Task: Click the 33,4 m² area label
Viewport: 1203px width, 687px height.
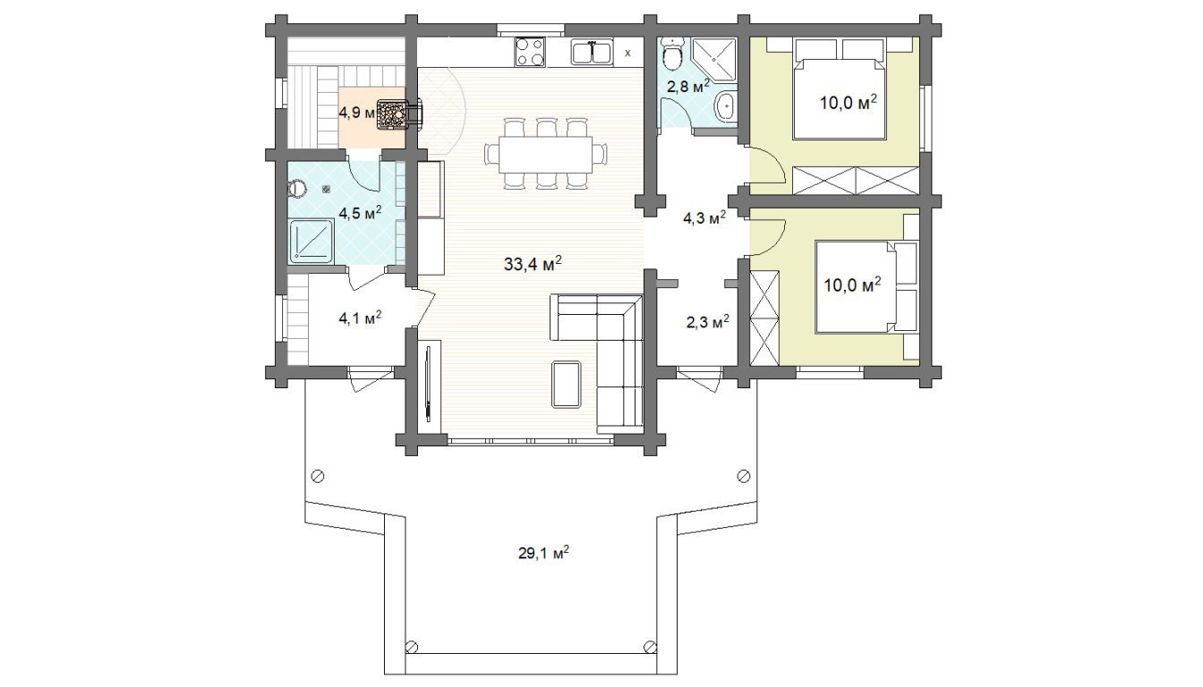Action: coord(533,264)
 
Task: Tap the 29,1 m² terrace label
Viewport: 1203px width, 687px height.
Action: coord(543,553)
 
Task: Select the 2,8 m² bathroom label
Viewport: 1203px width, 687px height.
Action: coord(688,87)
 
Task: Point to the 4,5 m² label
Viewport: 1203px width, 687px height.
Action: coord(360,213)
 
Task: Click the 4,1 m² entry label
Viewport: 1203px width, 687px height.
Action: coord(360,318)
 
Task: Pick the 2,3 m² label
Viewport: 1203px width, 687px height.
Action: coord(708,322)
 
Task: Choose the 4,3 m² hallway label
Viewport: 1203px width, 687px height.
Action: coord(704,218)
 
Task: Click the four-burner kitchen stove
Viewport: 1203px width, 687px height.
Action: coord(530,52)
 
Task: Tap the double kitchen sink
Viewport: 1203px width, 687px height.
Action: coord(592,53)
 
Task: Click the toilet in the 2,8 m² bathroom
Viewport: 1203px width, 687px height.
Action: coord(671,55)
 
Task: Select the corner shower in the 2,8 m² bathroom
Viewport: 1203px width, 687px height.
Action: coord(713,59)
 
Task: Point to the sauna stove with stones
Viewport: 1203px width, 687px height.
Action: coord(392,114)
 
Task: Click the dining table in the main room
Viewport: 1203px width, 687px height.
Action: coord(545,155)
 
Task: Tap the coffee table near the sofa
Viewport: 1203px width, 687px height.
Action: coord(566,385)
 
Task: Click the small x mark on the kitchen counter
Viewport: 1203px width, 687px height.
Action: coord(627,53)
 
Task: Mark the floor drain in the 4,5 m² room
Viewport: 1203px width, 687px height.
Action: coord(326,189)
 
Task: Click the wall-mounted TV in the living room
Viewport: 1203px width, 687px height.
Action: coord(428,383)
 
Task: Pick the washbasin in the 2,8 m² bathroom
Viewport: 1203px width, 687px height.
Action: coord(725,107)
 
